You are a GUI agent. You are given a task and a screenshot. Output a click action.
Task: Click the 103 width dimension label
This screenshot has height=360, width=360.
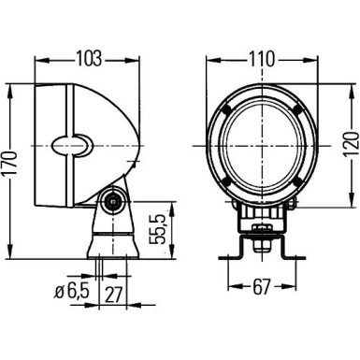(88, 59)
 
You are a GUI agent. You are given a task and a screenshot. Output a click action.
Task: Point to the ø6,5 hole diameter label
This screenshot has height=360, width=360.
(69, 293)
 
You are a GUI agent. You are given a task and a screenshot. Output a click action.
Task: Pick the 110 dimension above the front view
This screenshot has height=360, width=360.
(263, 59)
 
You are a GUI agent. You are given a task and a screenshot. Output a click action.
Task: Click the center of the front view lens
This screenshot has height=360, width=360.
(263, 145)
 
